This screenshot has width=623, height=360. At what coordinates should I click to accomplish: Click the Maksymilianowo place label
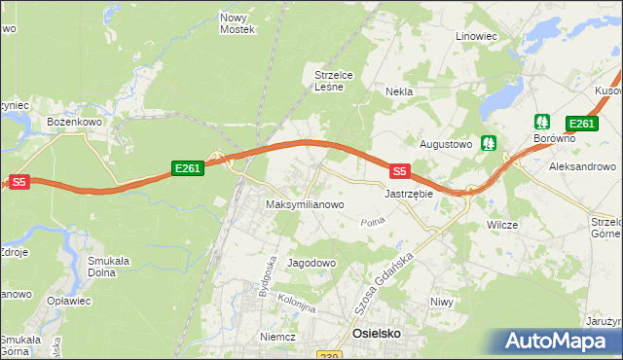pyautogui.click(x=305, y=205)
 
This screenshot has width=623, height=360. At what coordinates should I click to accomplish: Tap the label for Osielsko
pyautogui.click(x=376, y=334)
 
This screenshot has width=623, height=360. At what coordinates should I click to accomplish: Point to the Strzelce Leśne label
pyautogui.click(x=338, y=80)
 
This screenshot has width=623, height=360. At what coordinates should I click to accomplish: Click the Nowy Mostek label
pyautogui.click(x=237, y=23)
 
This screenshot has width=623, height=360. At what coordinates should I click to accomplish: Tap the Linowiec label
pyautogui.click(x=477, y=36)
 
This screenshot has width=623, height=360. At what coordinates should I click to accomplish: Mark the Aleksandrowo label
pyautogui.click(x=582, y=167)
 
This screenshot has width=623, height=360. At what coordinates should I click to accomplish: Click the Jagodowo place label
pyautogui.click(x=311, y=263)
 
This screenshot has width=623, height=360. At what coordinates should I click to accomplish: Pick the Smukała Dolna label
pyautogui.click(x=109, y=266)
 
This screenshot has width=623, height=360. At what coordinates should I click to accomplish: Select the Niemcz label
pyautogui.click(x=277, y=336)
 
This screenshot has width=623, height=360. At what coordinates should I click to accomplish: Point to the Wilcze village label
pyautogui.click(x=502, y=225)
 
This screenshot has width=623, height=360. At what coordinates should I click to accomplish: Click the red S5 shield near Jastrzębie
pyautogui.click(x=399, y=171)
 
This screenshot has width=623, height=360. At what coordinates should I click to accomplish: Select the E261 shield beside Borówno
pyautogui.click(x=581, y=123)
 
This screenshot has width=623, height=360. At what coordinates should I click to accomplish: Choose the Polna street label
pyautogui.click(x=372, y=222)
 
